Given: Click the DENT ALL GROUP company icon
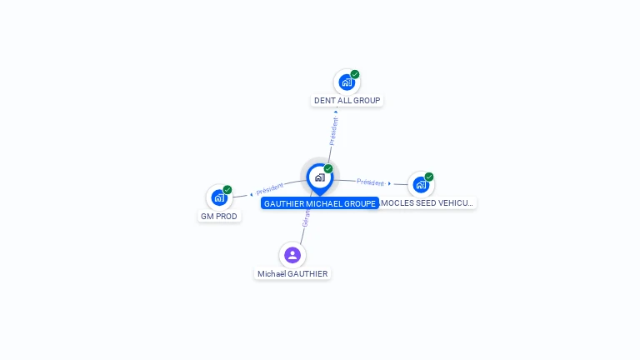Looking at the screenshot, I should tap(346, 82).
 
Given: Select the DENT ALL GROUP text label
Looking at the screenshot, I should tap(347, 101).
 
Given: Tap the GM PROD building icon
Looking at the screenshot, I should tap(218, 197).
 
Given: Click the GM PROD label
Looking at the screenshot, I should tap(219, 217).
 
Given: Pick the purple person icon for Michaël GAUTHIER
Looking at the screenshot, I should tap(292, 255).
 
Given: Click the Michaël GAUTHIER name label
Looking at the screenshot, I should tap(292, 274).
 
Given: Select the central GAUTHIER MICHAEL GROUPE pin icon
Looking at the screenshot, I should tap(319, 177).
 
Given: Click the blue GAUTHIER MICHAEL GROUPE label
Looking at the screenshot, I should tap(319, 203).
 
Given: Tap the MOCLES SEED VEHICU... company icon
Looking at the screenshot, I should tap(421, 184).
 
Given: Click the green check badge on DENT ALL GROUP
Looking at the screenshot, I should tap(355, 74).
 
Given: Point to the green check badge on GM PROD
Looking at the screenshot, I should tap(227, 189).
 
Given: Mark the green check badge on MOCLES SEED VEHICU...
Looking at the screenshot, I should tap(429, 177).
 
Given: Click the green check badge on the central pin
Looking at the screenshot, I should tap(328, 169).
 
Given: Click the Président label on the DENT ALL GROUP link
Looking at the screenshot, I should tap(334, 131).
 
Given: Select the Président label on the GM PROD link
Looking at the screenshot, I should tap(269, 187).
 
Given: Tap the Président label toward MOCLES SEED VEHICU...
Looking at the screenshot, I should tap(370, 182).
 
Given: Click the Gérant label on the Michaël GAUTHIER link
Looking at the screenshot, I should tap(306, 219).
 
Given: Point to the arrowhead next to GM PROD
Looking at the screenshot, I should tap(251, 194).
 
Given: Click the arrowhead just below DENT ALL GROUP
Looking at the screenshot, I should tap(337, 111).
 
